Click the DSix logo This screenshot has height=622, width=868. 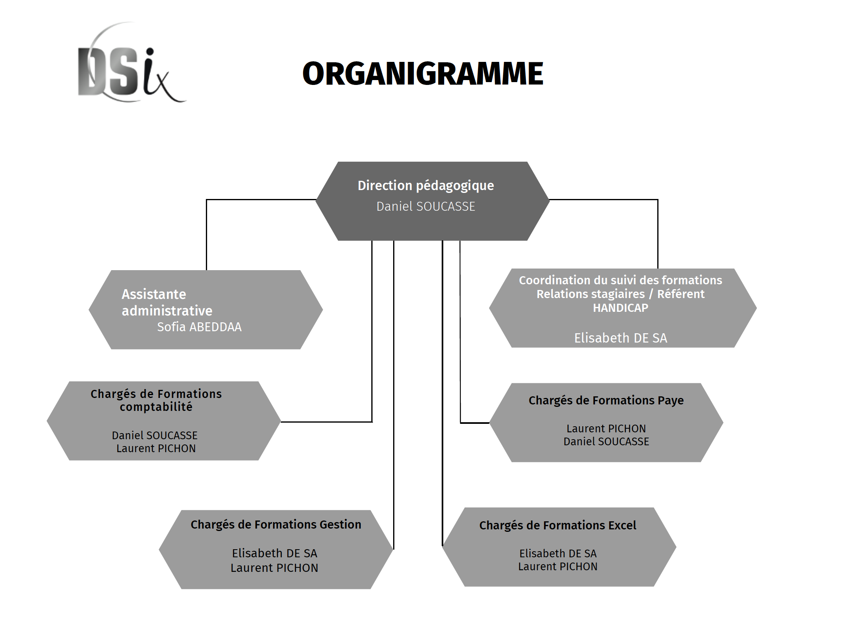pyautogui.click(x=131, y=63)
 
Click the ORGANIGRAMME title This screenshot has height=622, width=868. pyautogui.click(x=423, y=74)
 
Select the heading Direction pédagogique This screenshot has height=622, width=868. pyautogui.click(x=426, y=186)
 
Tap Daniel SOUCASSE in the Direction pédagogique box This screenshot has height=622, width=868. pyautogui.click(x=426, y=206)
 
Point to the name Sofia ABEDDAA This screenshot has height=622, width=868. pyautogui.click(x=199, y=327)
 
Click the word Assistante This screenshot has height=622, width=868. pyautogui.click(x=154, y=294)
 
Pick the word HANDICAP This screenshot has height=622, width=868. pyautogui.click(x=620, y=308)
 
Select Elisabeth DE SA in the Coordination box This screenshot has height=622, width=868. pyautogui.click(x=621, y=338)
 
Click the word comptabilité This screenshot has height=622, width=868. pyautogui.click(x=156, y=407)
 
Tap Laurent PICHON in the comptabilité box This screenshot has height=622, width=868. pyautogui.click(x=156, y=449)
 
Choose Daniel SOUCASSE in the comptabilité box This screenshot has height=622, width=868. pyautogui.click(x=155, y=436)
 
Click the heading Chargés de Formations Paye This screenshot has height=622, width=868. pyautogui.click(x=606, y=400)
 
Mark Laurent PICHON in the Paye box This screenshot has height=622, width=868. pyautogui.click(x=606, y=429)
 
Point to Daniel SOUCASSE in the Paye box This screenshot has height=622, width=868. pyautogui.click(x=606, y=442)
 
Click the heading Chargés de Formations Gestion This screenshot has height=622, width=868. pyautogui.click(x=276, y=525)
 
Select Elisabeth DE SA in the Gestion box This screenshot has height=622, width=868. pyautogui.click(x=275, y=553)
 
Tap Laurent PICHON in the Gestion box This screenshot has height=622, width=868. pyautogui.click(x=275, y=568)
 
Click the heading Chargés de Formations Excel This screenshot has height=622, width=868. pyautogui.click(x=558, y=525)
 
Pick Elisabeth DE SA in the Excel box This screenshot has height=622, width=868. pyautogui.click(x=558, y=553)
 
